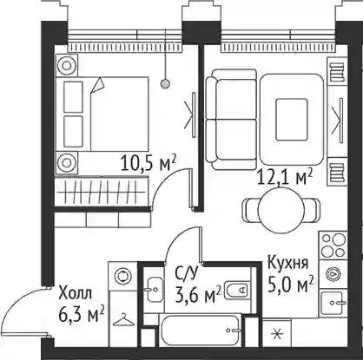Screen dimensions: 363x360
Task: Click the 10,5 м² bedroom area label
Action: (x=148, y=163)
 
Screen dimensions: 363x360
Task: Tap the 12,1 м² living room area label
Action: (x=286, y=176)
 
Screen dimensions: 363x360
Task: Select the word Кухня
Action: (x=287, y=263)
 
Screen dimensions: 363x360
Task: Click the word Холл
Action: (x=76, y=293)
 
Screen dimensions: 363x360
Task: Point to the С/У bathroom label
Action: (x=187, y=273)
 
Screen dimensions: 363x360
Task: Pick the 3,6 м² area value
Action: (x=198, y=294)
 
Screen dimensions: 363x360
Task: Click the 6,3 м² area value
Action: (x=82, y=315)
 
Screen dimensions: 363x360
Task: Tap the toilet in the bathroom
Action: (x=237, y=289)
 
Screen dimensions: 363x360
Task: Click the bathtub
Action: (x=201, y=331)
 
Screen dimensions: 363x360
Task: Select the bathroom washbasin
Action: (x=154, y=290)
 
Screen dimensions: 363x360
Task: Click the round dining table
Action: (x=281, y=210)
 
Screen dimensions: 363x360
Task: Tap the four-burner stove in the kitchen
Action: (x=333, y=245)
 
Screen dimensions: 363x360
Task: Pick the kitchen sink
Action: (x=333, y=303)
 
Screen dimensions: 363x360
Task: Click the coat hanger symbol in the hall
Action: (x=123, y=320)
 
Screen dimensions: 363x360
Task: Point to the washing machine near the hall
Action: (x=123, y=276)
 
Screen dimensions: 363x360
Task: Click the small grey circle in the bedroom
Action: (x=165, y=84)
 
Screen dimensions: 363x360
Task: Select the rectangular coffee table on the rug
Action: (x=292, y=120)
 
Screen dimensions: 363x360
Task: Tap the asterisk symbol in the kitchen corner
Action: (x=277, y=334)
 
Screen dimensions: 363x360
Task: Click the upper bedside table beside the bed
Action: (x=67, y=65)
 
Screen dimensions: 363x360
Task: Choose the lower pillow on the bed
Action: (x=73, y=131)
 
